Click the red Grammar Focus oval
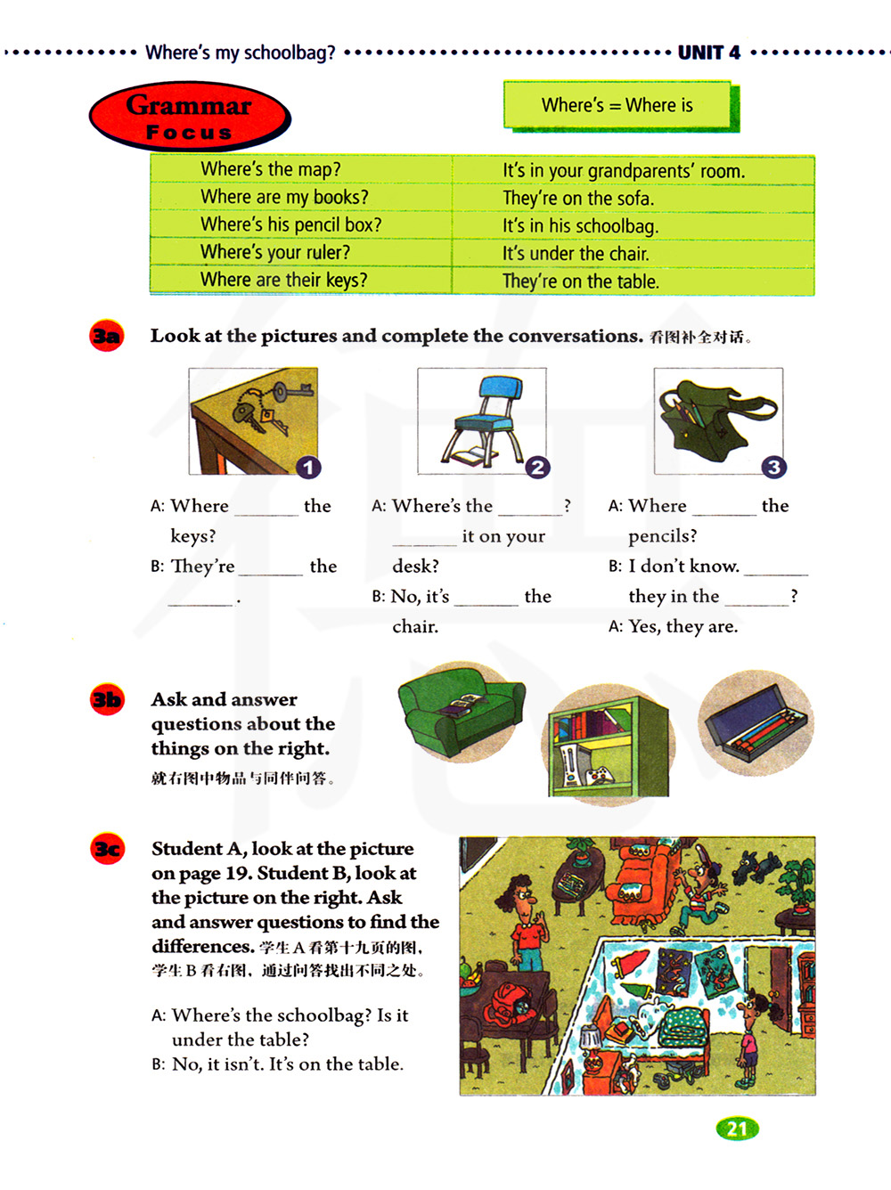190,117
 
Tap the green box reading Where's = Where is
618,105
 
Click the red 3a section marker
107,336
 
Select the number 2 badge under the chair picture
537,467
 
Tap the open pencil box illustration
755,721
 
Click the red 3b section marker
107,699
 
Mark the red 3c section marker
107,849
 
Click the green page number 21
737,1129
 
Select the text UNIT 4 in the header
708,53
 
